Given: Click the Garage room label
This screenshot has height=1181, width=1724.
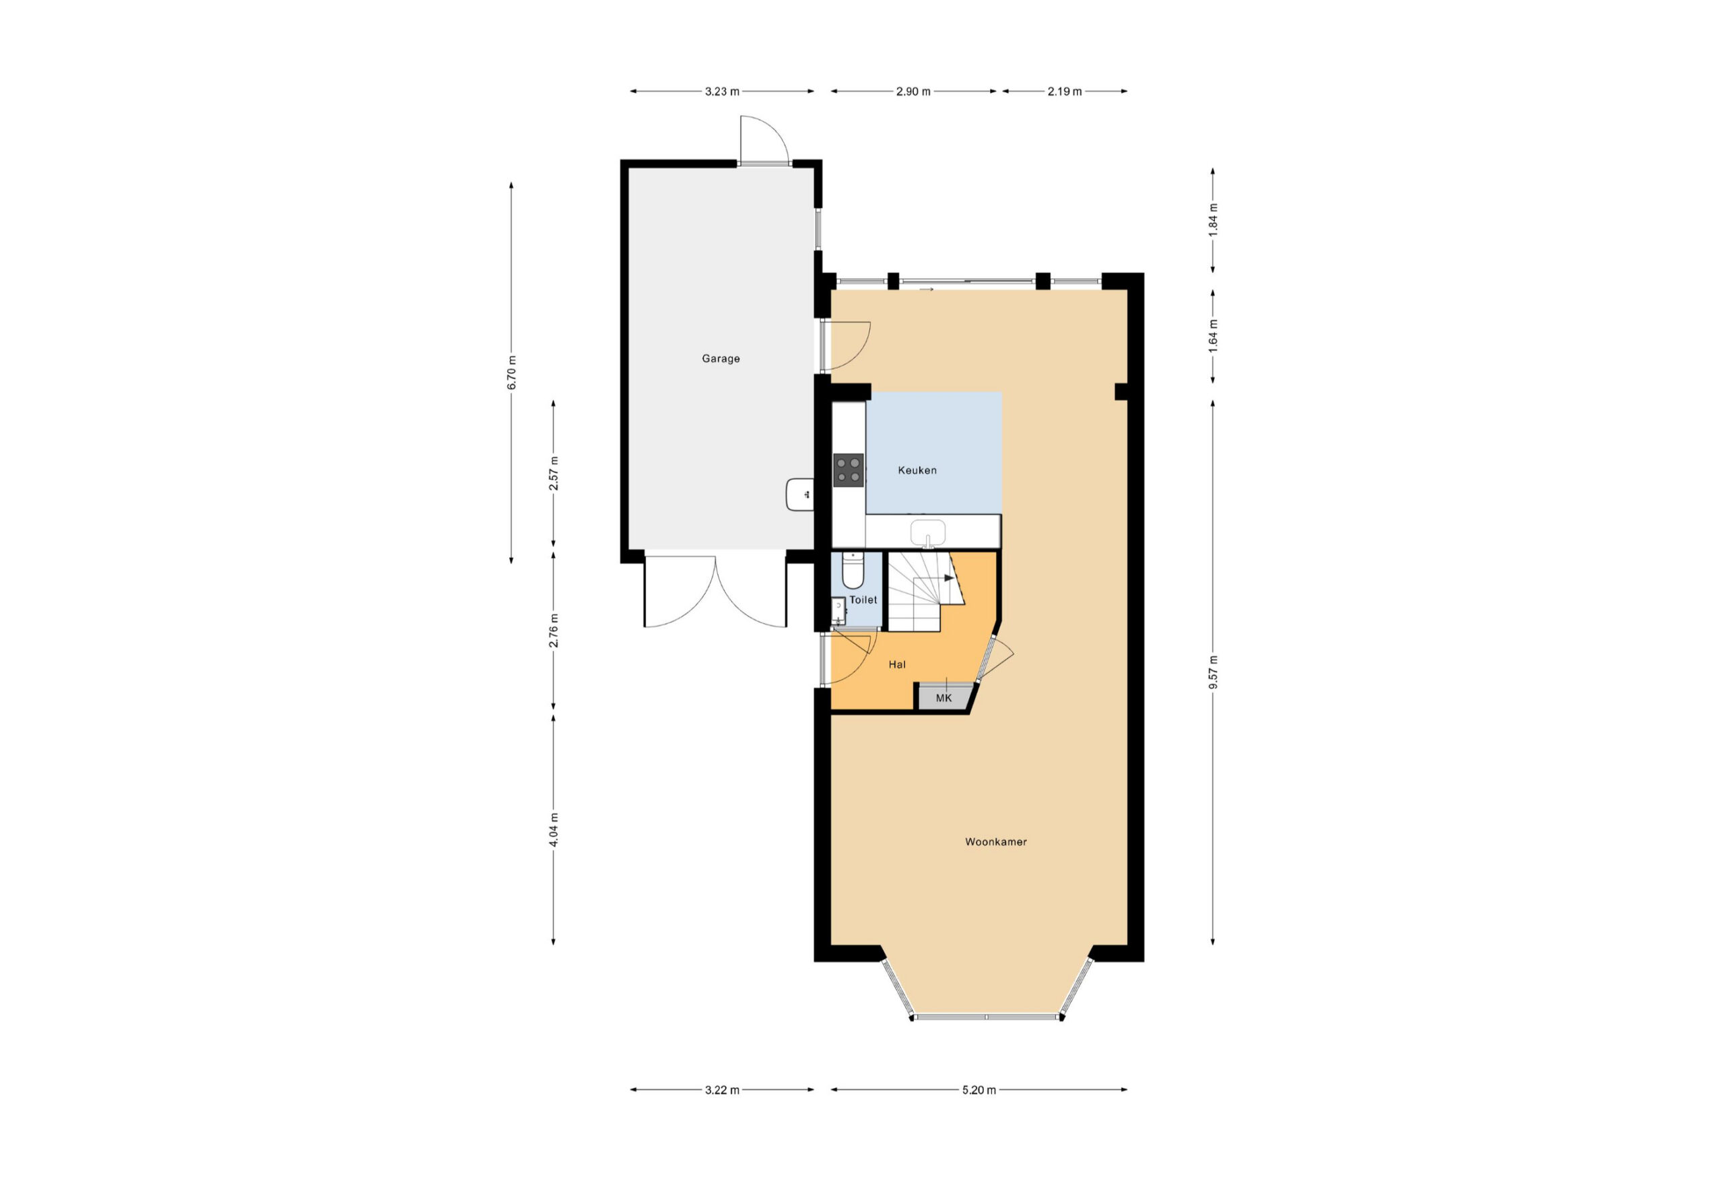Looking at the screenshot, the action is pos(721,359).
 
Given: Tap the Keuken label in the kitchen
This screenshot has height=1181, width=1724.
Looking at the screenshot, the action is pos(917,470).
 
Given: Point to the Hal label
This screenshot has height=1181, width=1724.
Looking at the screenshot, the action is pos(897,664).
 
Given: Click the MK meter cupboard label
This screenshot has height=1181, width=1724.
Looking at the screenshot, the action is pos(943,698).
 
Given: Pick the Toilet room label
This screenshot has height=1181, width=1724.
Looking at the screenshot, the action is pos(863,600).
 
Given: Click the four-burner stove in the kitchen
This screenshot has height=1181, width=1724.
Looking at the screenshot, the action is pos(849,470).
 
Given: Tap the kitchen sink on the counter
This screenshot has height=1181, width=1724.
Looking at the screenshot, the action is pos(927,532).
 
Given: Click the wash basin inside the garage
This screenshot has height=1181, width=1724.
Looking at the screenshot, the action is pos(799,495).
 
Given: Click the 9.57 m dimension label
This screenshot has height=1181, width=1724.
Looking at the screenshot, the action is pos(1213,672).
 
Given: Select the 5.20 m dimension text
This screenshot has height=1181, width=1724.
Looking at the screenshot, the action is pos(979,1089).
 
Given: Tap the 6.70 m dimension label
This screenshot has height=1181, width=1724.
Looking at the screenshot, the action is pos(511,373).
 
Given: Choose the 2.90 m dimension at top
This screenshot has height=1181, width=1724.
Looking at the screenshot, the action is pos(913,92).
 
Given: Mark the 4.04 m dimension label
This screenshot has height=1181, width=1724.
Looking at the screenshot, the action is pos(554,830).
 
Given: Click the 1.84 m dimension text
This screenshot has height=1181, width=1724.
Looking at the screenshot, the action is pos(1213,220).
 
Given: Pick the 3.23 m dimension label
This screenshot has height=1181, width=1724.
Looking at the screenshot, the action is pos(722,92).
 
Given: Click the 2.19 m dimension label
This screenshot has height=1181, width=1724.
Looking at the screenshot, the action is pos(1065,92).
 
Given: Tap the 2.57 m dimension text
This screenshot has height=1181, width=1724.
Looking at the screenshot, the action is pos(554,474).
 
